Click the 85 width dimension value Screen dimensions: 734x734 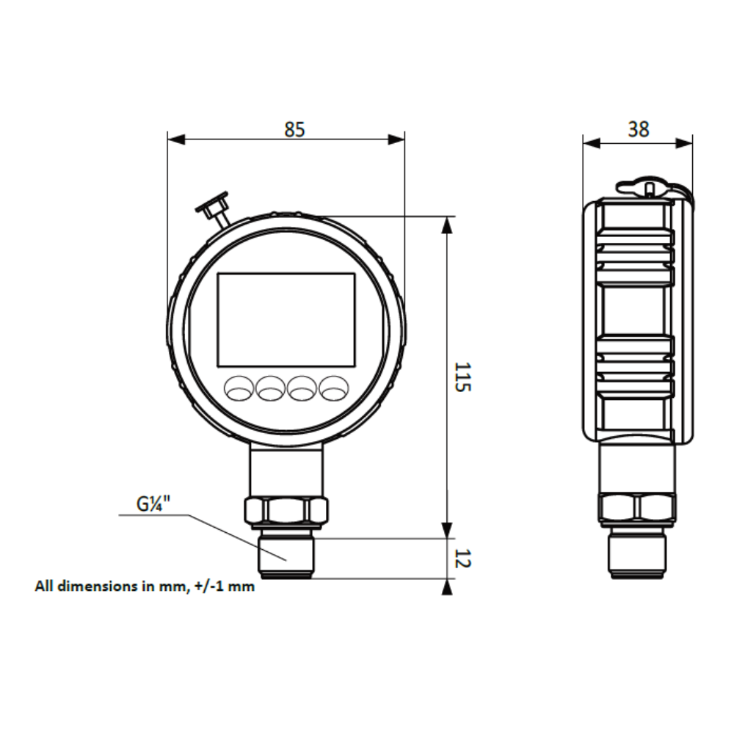click(294, 129)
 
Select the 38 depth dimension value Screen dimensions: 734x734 click(639, 129)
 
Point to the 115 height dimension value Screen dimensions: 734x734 click(462, 376)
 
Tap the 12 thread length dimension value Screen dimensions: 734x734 click(462, 559)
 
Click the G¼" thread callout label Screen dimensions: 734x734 click(153, 504)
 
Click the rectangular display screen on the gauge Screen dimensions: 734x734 click(286, 319)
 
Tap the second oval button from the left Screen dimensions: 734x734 click(270, 388)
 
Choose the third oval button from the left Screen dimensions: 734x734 click(302, 388)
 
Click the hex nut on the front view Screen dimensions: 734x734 click(286, 510)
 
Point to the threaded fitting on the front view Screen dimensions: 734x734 click(286, 554)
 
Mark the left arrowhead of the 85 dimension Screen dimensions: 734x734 click(175, 139)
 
